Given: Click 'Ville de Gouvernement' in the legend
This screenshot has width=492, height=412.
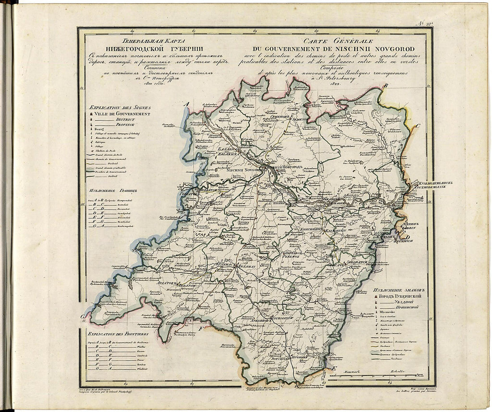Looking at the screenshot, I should coord(122,114).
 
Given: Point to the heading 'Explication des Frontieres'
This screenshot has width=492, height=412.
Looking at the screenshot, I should coord(118,334).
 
